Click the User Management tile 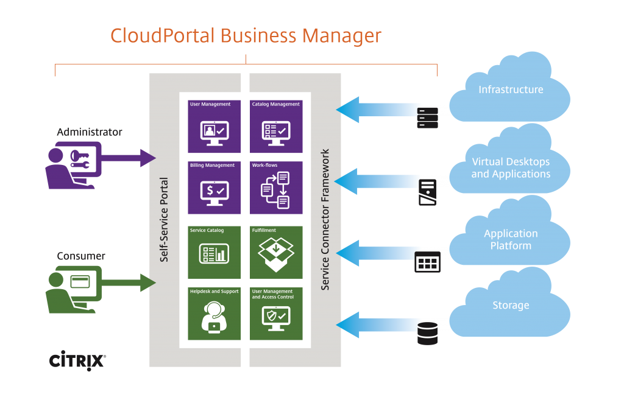214,126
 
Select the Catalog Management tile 276,126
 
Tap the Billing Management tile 214,187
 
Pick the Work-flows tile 276,187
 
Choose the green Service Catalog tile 214,252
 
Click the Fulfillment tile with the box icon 276,252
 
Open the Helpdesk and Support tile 214,314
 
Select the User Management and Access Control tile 276,314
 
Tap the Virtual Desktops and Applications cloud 511,168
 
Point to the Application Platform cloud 511,239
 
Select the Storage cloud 511,306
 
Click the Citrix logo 77,360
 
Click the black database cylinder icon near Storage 427,334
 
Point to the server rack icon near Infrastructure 427,117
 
